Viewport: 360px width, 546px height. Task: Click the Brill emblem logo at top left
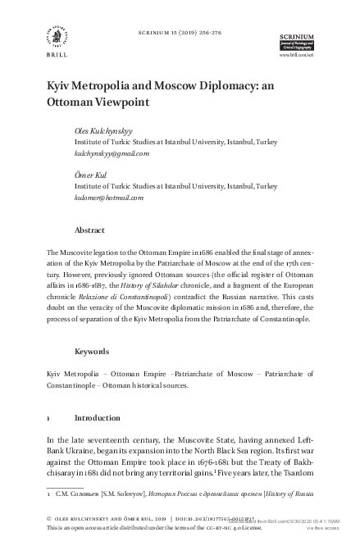point(57,34)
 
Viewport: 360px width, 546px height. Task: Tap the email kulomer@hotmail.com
point(109,198)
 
